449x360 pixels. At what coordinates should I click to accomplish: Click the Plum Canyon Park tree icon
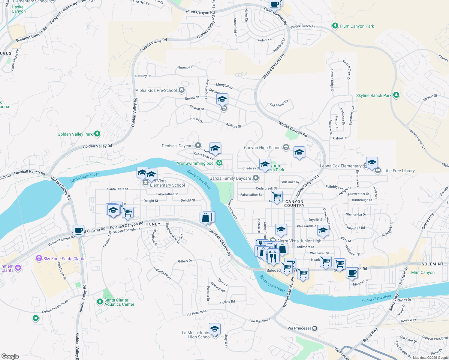(335, 26)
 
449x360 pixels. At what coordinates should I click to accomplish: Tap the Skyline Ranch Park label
(374, 95)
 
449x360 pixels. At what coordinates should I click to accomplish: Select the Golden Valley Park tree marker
(97, 134)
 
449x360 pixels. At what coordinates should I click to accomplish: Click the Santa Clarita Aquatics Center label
(119, 302)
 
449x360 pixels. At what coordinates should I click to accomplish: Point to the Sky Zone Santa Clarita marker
(39, 258)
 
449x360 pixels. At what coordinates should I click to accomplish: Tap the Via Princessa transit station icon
(315, 328)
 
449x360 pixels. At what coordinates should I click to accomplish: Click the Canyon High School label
(263, 148)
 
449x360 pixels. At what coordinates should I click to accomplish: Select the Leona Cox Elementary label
(341, 166)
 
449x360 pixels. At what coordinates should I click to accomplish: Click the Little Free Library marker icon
(378, 170)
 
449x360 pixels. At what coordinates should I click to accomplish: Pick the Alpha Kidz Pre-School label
(156, 90)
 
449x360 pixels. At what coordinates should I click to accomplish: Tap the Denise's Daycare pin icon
(198, 146)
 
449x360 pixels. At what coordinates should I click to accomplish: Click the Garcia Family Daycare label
(230, 178)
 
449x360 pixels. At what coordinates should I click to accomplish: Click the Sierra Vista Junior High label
(299, 241)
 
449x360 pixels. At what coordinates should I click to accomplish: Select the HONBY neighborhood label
(153, 224)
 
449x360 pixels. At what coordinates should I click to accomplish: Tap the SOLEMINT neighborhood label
(432, 264)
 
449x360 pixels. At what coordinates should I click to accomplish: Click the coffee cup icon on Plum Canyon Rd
(275, 5)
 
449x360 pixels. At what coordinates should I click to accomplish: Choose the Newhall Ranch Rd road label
(30, 172)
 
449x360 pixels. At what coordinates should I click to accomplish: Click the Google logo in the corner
(10, 356)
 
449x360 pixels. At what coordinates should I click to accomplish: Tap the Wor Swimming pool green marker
(219, 163)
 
